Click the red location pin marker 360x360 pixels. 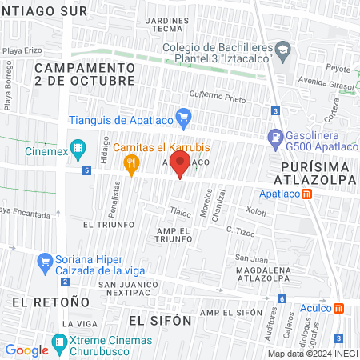tap(181, 165)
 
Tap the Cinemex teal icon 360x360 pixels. tap(78, 147)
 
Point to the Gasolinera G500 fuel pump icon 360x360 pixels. tap(275, 137)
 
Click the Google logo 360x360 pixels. tap(26, 350)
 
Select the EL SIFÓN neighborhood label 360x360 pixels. tap(160, 320)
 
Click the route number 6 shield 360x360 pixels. tap(282, 299)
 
